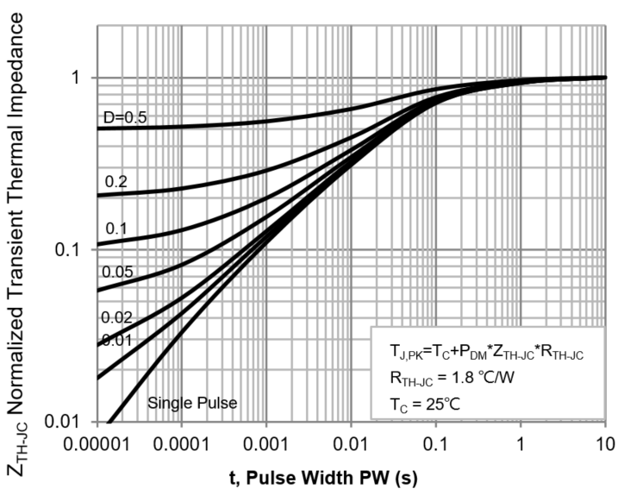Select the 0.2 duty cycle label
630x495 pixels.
[115, 182]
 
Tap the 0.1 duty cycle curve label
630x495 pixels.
[115, 229]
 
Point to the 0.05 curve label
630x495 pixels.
[116, 272]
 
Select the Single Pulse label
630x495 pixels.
[192, 402]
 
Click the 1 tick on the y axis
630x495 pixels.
[76, 78]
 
